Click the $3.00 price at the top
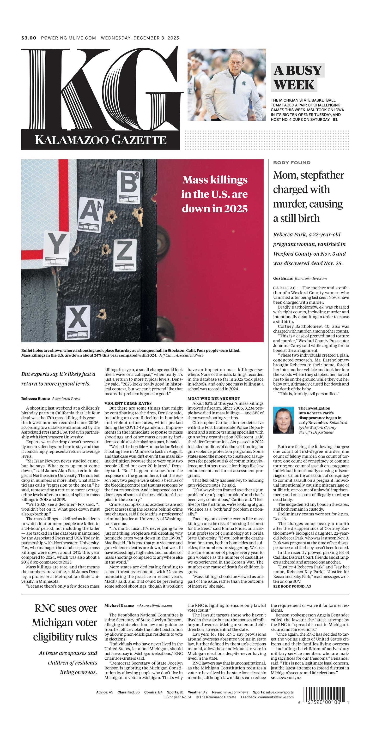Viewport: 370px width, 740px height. tap(29, 38)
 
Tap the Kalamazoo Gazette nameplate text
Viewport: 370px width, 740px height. tap(101, 140)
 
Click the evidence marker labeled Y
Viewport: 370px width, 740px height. tap(57, 249)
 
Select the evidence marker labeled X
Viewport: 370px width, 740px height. tap(78, 322)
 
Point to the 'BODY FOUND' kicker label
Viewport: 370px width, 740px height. tap(292, 163)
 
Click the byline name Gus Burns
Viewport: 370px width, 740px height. tap(283, 278)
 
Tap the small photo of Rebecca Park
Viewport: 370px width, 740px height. tap(283, 420)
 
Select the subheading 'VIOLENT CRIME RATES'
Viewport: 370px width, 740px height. tap(128, 403)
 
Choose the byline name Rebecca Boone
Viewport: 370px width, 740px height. tap(35, 399)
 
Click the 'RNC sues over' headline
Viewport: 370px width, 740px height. tap(66, 609)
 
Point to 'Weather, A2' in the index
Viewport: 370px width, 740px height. tap(198, 692)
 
